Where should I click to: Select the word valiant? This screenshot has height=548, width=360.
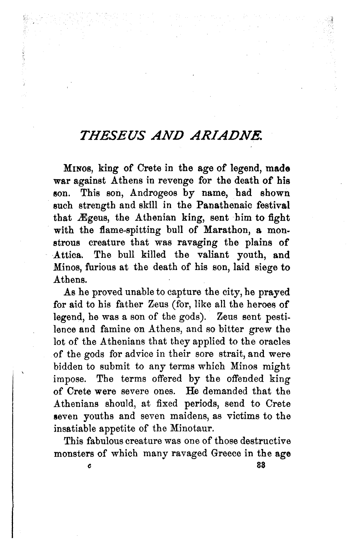[x=216, y=255]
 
